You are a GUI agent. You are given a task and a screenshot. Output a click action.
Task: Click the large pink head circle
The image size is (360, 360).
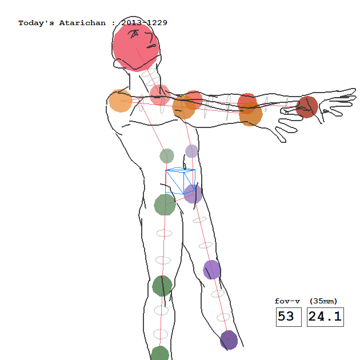point(135,47)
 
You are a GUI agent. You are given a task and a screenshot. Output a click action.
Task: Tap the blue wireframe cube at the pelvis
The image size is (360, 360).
point(181,181)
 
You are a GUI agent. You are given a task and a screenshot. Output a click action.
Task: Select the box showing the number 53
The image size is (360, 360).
point(289,317)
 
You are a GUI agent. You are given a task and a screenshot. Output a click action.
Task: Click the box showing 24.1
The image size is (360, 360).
point(325,317)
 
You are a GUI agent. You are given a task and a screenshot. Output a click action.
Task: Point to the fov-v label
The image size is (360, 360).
point(287,301)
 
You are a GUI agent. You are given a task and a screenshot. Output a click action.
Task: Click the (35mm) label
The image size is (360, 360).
point(323,301)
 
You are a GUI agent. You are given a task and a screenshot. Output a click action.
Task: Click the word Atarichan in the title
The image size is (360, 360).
point(82,23)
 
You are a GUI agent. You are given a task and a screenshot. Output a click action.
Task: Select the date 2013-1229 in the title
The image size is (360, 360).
point(144,23)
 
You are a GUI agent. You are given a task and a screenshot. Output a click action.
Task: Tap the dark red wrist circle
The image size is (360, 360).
point(307,107)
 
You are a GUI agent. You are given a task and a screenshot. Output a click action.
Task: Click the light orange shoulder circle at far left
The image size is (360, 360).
point(121,101)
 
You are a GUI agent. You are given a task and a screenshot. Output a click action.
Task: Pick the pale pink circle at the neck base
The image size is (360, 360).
point(160,95)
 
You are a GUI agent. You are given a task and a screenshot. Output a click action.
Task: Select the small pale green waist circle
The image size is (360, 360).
point(167,156)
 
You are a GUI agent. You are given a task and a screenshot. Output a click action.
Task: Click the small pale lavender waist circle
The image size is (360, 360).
point(191,151)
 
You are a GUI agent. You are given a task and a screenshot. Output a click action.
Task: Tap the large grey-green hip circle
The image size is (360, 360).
point(165,205)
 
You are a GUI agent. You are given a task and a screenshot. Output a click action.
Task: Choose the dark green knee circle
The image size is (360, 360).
point(162,286)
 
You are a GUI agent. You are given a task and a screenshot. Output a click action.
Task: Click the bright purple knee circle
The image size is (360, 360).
point(211,270)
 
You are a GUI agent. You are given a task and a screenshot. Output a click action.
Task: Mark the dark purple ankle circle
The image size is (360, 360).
point(229,340)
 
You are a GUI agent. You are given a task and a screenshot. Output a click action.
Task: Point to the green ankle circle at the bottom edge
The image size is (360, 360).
point(159,354)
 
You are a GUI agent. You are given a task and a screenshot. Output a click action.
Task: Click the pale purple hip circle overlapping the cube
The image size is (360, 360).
point(193,194)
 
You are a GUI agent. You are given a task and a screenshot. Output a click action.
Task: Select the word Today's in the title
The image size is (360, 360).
point(36,23)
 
